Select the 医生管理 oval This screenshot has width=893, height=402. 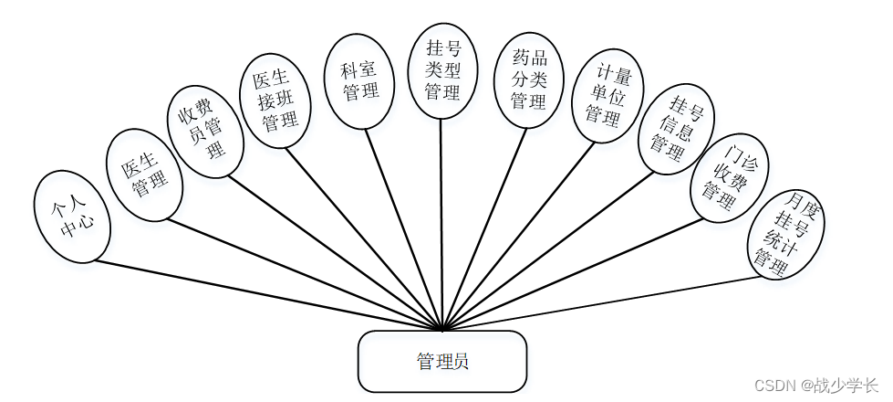point(144,175)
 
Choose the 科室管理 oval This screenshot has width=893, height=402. point(361,80)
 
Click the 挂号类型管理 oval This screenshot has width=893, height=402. point(442,69)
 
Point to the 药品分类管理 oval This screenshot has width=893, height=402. point(527,80)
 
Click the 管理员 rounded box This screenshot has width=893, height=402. point(442,362)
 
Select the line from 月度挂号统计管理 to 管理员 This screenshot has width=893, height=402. point(602,302)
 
